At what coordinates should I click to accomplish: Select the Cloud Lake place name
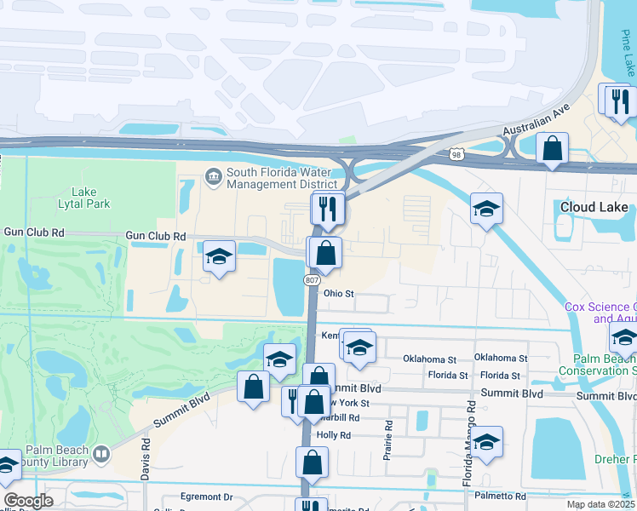(594, 207)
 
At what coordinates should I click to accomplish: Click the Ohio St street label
(337, 294)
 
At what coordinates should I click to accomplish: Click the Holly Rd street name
(334, 435)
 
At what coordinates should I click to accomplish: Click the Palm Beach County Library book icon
(101, 454)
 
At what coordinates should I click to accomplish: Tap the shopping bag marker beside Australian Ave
(552, 147)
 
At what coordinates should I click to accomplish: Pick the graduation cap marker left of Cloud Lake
(485, 209)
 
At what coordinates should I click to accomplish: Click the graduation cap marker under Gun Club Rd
(219, 257)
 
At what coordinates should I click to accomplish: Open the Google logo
(27, 501)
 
